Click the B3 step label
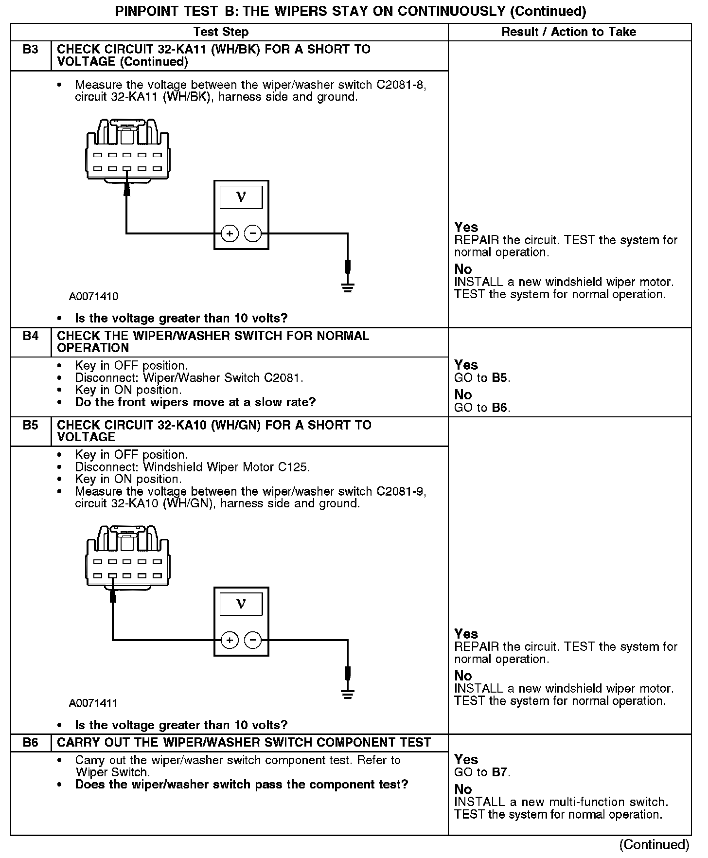click(x=30, y=50)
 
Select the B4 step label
click(x=30, y=336)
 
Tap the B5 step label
click(x=30, y=425)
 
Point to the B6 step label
click(x=30, y=743)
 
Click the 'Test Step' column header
click(x=221, y=32)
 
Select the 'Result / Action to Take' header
click(x=568, y=32)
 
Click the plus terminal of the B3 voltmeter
click(x=230, y=234)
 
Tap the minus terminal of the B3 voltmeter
click(x=252, y=234)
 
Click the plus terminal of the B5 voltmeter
click(x=230, y=640)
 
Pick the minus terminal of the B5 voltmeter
click(x=252, y=640)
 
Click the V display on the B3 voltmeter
click(x=241, y=197)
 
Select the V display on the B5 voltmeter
click(x=241, y=604)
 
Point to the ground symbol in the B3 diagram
click(x=348, y=287)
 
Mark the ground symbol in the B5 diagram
click(x=348, y=694)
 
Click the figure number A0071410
click(x=93, y=296)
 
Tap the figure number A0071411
click(x=93, y=703)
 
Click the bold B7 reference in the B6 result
click(x=500, y=772)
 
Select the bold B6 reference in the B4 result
click(x=500, y=408)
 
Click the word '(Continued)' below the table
click(x=655, y=844)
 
